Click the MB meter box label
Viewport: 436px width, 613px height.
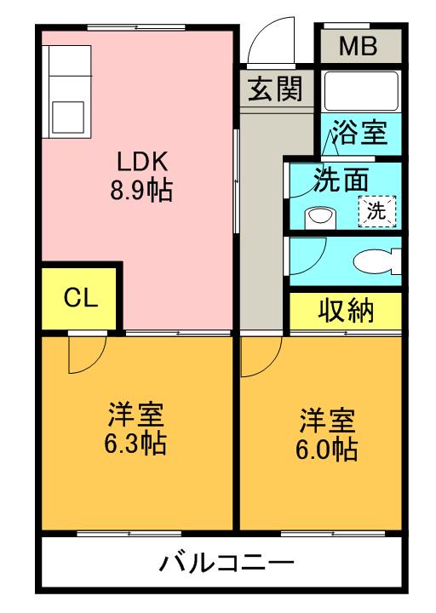tap(358, 46)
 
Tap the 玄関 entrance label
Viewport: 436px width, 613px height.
tap(276, 89)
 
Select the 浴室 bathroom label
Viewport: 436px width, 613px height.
tap(360, 132)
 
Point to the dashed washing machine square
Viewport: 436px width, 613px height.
tap(377, 211)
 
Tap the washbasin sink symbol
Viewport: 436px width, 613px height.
tap(320, 218)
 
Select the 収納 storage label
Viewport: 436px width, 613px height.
tap(346, 311)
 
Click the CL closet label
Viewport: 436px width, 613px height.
tap(81, 298)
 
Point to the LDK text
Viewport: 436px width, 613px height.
tap(143, 161)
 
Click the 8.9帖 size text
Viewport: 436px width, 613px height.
tap(141, 191)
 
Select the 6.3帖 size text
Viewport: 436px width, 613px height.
tap(135, 443)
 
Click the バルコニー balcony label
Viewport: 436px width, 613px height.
tap(227, 564)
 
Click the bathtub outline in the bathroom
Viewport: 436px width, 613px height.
tap(361, 90)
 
